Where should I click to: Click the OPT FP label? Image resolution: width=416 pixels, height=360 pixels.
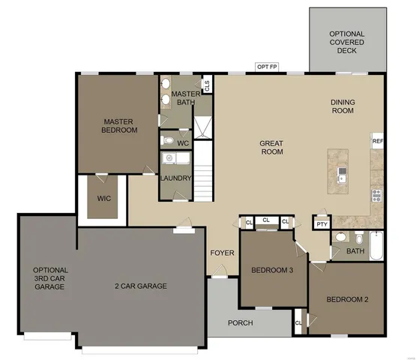point(268,67)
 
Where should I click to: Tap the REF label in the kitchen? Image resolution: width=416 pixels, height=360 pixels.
point(377,140)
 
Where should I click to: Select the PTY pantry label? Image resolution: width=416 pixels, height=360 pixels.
point(322,223)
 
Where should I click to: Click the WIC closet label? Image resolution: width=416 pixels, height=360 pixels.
point(103,199)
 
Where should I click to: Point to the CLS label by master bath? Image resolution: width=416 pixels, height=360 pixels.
point(207,85)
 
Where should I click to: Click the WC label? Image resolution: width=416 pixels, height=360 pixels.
point(182,142)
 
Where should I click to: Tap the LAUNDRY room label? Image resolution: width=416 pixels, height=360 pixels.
point(176,178)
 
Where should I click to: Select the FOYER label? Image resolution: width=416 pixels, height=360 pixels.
point(222,253)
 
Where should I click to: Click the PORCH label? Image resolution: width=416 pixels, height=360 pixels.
point(240,323)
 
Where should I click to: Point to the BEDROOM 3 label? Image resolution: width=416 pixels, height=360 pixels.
point(272,270)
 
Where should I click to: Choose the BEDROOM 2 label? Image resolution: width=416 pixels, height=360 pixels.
point(347,300)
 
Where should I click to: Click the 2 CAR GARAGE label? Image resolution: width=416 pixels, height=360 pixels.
point(140,286)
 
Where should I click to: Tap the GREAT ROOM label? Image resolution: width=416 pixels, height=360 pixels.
point(271,147)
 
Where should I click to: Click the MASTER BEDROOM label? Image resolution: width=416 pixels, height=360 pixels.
point(120,125)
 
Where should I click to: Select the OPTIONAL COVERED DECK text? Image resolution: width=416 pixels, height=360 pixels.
point(346,42)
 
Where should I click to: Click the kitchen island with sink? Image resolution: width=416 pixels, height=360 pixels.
point(343,170)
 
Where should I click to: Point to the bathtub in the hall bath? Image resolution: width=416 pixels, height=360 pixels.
point(376,248)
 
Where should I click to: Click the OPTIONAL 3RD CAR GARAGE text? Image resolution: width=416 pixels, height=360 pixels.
point(50,277)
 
